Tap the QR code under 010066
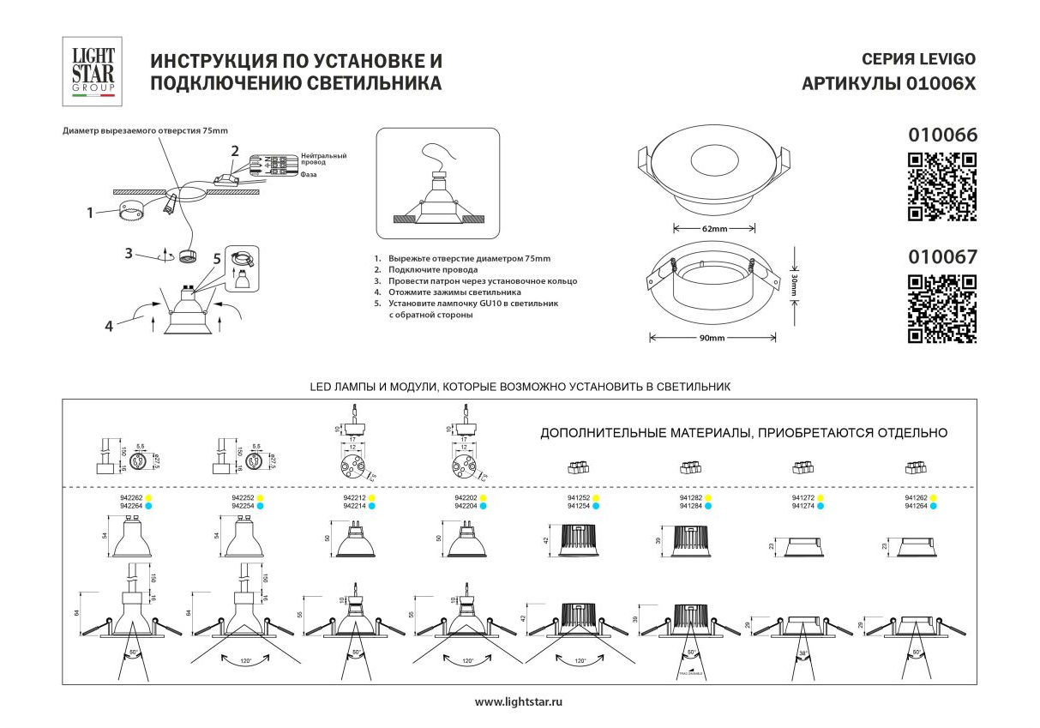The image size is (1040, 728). pyautogui.click(x=941, y=186)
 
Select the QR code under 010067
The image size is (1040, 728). pyautogui.click(x=941, y=309)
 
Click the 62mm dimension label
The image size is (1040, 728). pyautogui.click(x=713, y=229)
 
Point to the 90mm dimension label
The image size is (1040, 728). pyautogui.click(x=712, y=338)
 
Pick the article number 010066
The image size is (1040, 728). pyautogui.click(x=941, y=135)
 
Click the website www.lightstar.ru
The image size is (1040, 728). pyautogui.click(x=519, y=701)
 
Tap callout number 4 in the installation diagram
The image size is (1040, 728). pyautogui.click(x=109, y=325)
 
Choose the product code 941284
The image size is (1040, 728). pyautogui.click(x=690, y=506)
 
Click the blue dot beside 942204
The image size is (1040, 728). pyautogui.click(x=484, y=506)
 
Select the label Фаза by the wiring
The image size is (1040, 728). pyautogui.click(x=309, y=174)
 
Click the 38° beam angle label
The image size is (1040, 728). pyautogui.click(x=803, y=653)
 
